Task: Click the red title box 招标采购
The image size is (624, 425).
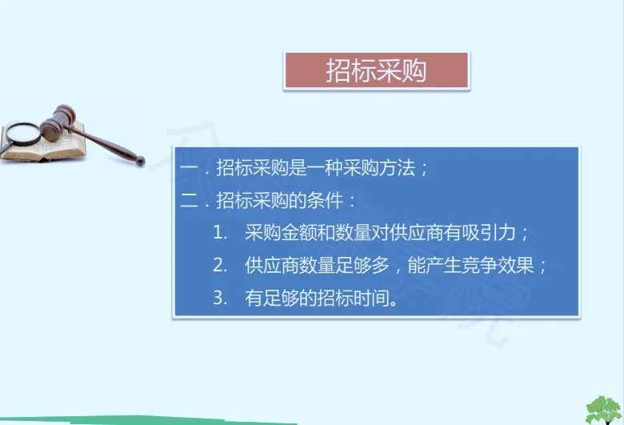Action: [x=376, y=71]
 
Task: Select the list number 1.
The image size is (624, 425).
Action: [x=220, y=234]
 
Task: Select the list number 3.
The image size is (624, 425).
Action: [x=220, y=299]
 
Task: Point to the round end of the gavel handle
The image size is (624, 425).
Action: [x=140, y=161]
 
